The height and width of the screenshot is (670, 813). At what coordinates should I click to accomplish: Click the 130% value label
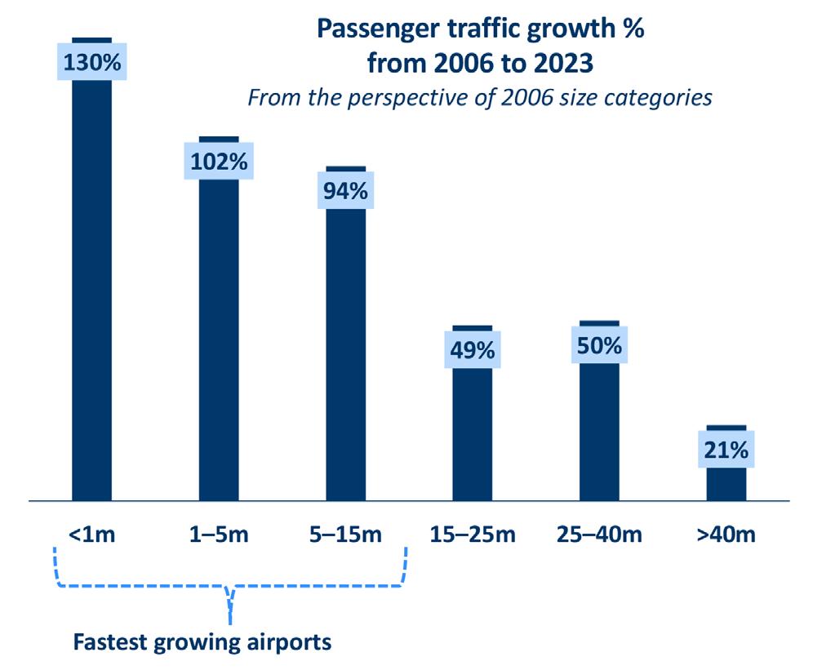click(x=91, y=63)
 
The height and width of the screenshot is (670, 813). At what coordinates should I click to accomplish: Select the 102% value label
click(x=219, y=162)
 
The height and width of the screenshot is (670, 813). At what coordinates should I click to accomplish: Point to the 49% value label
click(x=473, y=351)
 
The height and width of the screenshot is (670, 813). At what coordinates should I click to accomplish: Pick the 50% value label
click(x=600, y=345)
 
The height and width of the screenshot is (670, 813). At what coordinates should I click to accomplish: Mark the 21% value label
click(x=726, y=450)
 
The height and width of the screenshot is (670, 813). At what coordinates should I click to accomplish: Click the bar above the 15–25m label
click(x=473, y=433)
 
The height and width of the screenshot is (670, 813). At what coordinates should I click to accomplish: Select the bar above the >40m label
click(x=726, y=483)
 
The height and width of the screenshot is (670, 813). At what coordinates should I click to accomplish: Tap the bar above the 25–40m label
click(x=600, y=433)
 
